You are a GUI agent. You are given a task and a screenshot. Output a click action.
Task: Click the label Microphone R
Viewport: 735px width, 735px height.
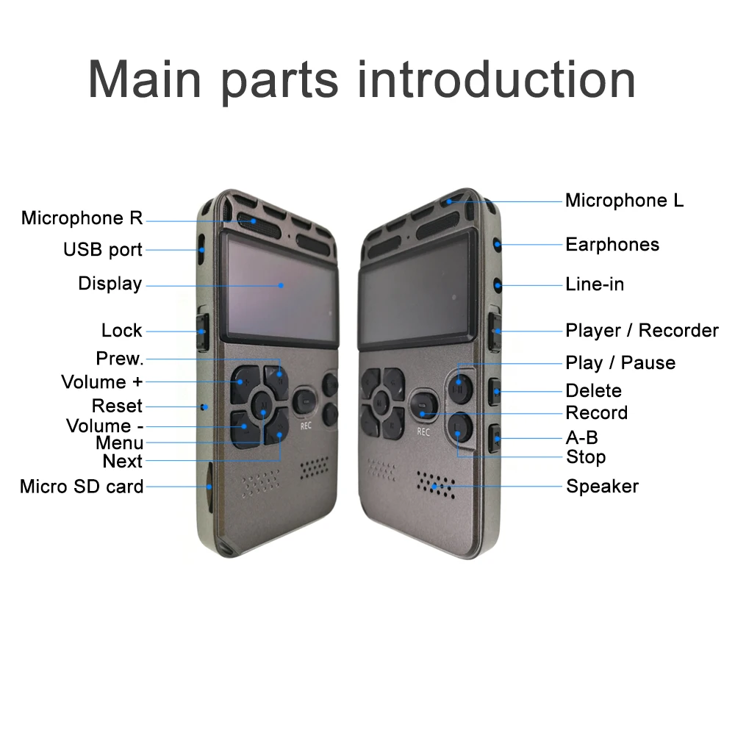(x=82, y=218)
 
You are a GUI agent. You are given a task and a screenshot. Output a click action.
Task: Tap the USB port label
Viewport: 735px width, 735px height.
(x=102, y=250)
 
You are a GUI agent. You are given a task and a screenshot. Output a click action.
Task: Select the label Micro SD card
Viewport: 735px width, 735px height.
(x=82, y=487)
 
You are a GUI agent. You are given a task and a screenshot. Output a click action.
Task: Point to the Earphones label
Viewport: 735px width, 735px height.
(x=612, y=245)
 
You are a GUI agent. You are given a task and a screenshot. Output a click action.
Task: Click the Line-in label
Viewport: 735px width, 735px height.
(x=594, y=284)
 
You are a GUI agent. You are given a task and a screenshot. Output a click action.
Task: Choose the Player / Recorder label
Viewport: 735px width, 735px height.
(x=641, y=331)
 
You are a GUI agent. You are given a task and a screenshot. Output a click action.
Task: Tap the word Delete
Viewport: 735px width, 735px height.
(x=593, y=390)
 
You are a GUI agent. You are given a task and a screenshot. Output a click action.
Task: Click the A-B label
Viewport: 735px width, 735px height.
(x=581, y=438)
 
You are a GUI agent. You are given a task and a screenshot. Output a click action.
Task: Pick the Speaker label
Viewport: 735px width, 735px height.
(x=602, y=487)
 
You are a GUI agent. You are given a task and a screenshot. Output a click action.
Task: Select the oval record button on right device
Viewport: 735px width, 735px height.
(x=423, y=404)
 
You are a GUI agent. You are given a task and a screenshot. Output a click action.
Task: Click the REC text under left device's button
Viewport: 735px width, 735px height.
(x=306, y=425)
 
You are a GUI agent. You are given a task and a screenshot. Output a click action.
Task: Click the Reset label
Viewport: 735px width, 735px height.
(x=117, y=406)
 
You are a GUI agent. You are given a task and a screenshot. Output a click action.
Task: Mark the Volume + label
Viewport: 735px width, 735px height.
(x=102, y=382)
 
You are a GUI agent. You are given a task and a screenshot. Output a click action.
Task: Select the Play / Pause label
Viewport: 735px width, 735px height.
(x=620, y=363)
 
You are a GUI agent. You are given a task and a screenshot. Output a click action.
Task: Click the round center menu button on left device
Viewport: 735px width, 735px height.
(x=262, y=403)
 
